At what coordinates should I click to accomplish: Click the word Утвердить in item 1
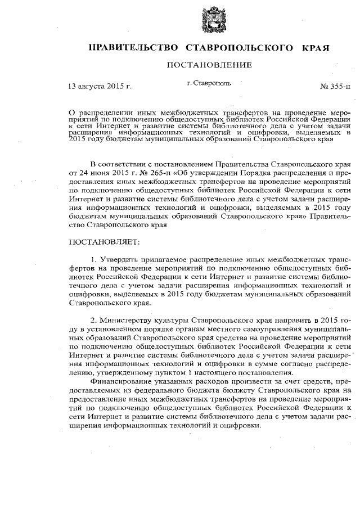(x=120, y=260)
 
